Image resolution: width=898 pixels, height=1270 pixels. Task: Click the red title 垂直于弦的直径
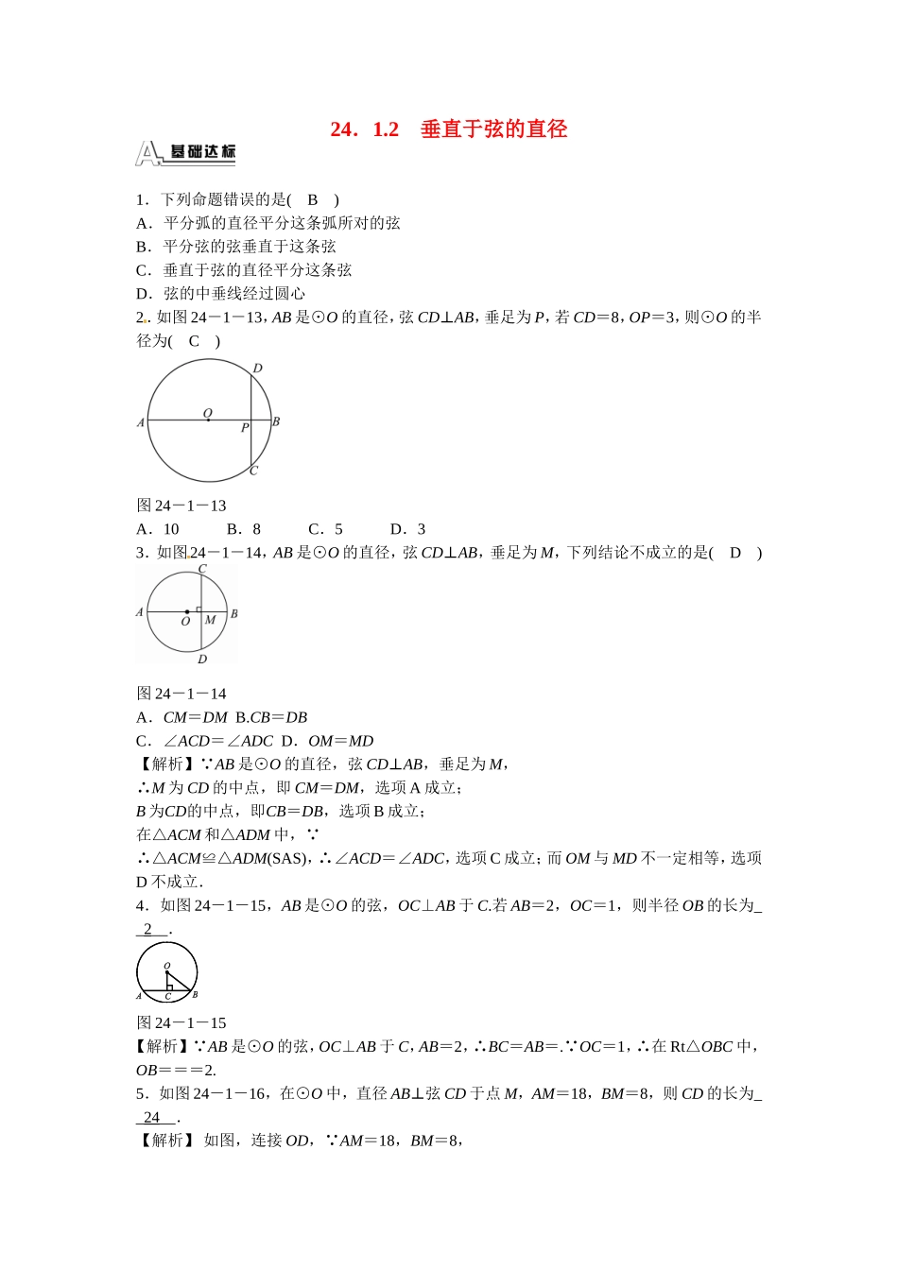coord(492,129)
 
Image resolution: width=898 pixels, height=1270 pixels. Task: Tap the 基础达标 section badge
coord(186,152)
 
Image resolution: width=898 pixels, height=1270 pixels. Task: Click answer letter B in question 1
coord(313,199)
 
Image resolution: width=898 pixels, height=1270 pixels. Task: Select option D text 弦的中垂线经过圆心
coord(233,294)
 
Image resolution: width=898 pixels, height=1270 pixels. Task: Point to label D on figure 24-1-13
coord(258,368)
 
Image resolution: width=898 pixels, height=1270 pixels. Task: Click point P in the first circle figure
coord(245,428)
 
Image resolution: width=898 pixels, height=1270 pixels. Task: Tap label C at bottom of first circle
coord(253,471)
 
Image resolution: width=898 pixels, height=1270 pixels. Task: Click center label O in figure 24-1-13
coord(208,413)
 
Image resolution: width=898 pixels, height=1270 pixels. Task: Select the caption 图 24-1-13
coord(181,506)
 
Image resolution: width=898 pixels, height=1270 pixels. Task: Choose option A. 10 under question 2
coord(158,529)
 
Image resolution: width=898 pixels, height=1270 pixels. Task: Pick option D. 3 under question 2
coord(408,529)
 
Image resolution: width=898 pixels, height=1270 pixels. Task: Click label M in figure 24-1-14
coord(210,620)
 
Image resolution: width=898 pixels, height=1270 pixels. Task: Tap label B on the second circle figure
coord(233,613)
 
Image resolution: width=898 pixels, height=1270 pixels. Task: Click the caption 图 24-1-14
coord(181,694)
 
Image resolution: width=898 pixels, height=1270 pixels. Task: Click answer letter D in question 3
coord(735,553)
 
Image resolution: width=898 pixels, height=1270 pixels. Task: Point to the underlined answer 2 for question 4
coord(148,929)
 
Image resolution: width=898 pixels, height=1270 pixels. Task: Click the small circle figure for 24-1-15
coord(167,971)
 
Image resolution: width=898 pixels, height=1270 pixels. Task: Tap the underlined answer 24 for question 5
coord(152,1117)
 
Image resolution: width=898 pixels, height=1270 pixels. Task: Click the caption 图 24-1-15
coord(181,1023)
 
